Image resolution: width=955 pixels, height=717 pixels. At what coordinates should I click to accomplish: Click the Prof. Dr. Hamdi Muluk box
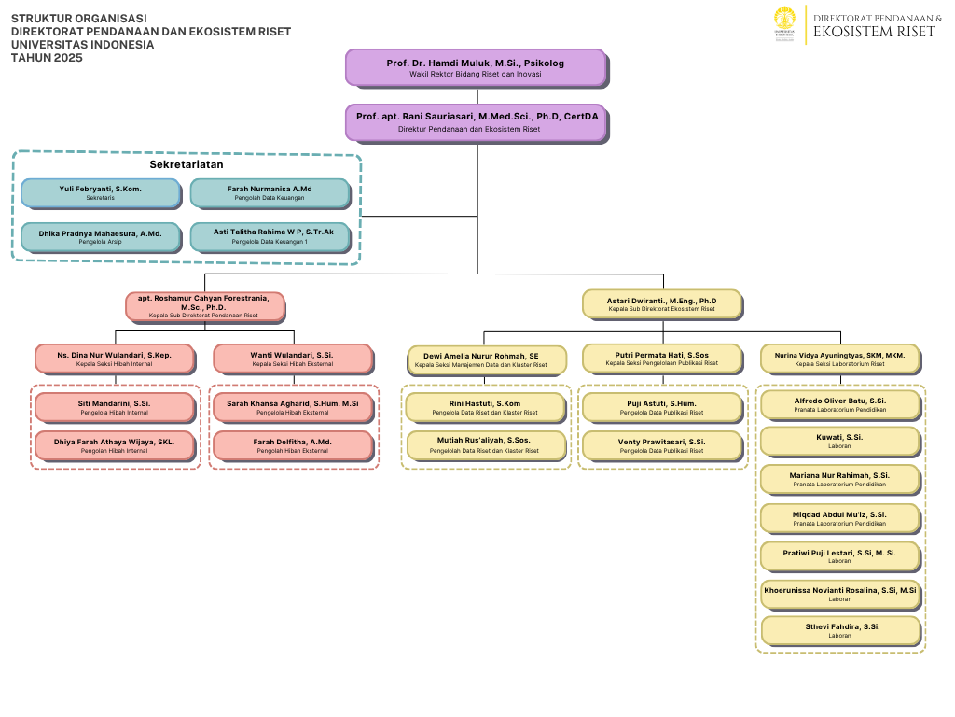tap(476, 67)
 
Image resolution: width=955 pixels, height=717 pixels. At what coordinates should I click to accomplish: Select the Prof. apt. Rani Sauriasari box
tap(477, 122)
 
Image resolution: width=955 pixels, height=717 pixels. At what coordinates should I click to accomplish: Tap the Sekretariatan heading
tap(187, 164)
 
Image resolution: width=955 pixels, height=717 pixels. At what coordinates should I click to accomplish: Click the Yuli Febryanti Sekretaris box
tap(100, 193)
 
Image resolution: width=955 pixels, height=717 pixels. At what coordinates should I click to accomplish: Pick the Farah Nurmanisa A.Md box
tap(270, 193)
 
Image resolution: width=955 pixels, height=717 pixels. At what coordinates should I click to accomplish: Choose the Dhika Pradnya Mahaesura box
tap(100, 237)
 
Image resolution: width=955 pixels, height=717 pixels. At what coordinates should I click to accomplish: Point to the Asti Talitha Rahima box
tap(270, 237)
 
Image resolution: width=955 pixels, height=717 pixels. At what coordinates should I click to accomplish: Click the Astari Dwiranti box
tap(661, 304)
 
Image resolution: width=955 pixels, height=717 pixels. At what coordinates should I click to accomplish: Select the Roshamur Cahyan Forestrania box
tap(205, 306)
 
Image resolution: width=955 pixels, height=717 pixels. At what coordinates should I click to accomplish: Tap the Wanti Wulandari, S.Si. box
tap(292, 358)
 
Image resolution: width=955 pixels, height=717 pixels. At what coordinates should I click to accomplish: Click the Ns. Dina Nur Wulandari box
tap(114, 358)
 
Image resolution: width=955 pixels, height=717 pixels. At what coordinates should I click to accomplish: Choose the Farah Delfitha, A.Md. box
tap(292, 445)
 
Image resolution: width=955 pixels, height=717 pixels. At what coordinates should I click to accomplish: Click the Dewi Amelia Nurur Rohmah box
tap(488, 360)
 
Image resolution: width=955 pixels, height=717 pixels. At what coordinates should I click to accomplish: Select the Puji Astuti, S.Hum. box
tap(661, 407)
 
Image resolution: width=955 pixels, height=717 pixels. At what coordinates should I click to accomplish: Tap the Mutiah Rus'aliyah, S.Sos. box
tap(485, 445)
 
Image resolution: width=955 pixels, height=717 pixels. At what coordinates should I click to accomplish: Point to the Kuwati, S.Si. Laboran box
tap(839, 441)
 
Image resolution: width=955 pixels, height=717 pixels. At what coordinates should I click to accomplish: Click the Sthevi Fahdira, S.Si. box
tap(839, 630)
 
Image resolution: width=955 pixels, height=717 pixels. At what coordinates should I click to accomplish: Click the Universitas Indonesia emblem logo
tap(784, 24)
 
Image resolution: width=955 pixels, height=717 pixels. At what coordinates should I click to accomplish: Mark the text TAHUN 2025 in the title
tap(47, 58)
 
